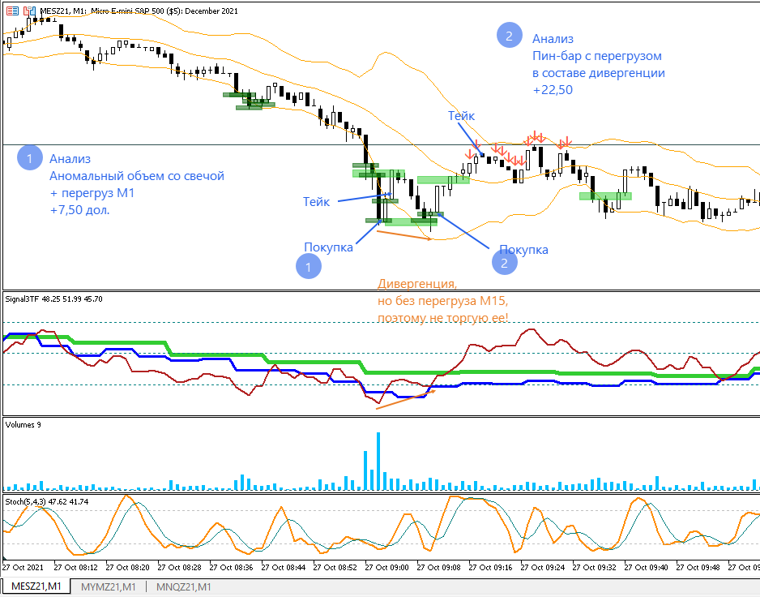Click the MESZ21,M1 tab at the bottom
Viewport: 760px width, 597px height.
pos(35,586)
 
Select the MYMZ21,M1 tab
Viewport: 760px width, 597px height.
pos(108,586)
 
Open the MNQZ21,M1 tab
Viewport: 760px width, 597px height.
pos(183,586)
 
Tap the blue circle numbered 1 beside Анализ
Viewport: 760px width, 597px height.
pos(29,158)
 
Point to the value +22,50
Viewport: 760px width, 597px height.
pos(553,91)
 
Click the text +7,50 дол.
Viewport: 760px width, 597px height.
pos(79,209)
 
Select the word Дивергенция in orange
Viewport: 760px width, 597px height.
pos(417,285)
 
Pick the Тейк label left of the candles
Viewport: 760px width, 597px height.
pos(316,201)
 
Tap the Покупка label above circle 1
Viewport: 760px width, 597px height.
pos(328,247)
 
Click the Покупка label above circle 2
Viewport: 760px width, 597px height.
pos(523,250)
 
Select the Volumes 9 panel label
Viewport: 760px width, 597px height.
pos(23,424)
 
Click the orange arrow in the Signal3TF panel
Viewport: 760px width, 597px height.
pos(405,399)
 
